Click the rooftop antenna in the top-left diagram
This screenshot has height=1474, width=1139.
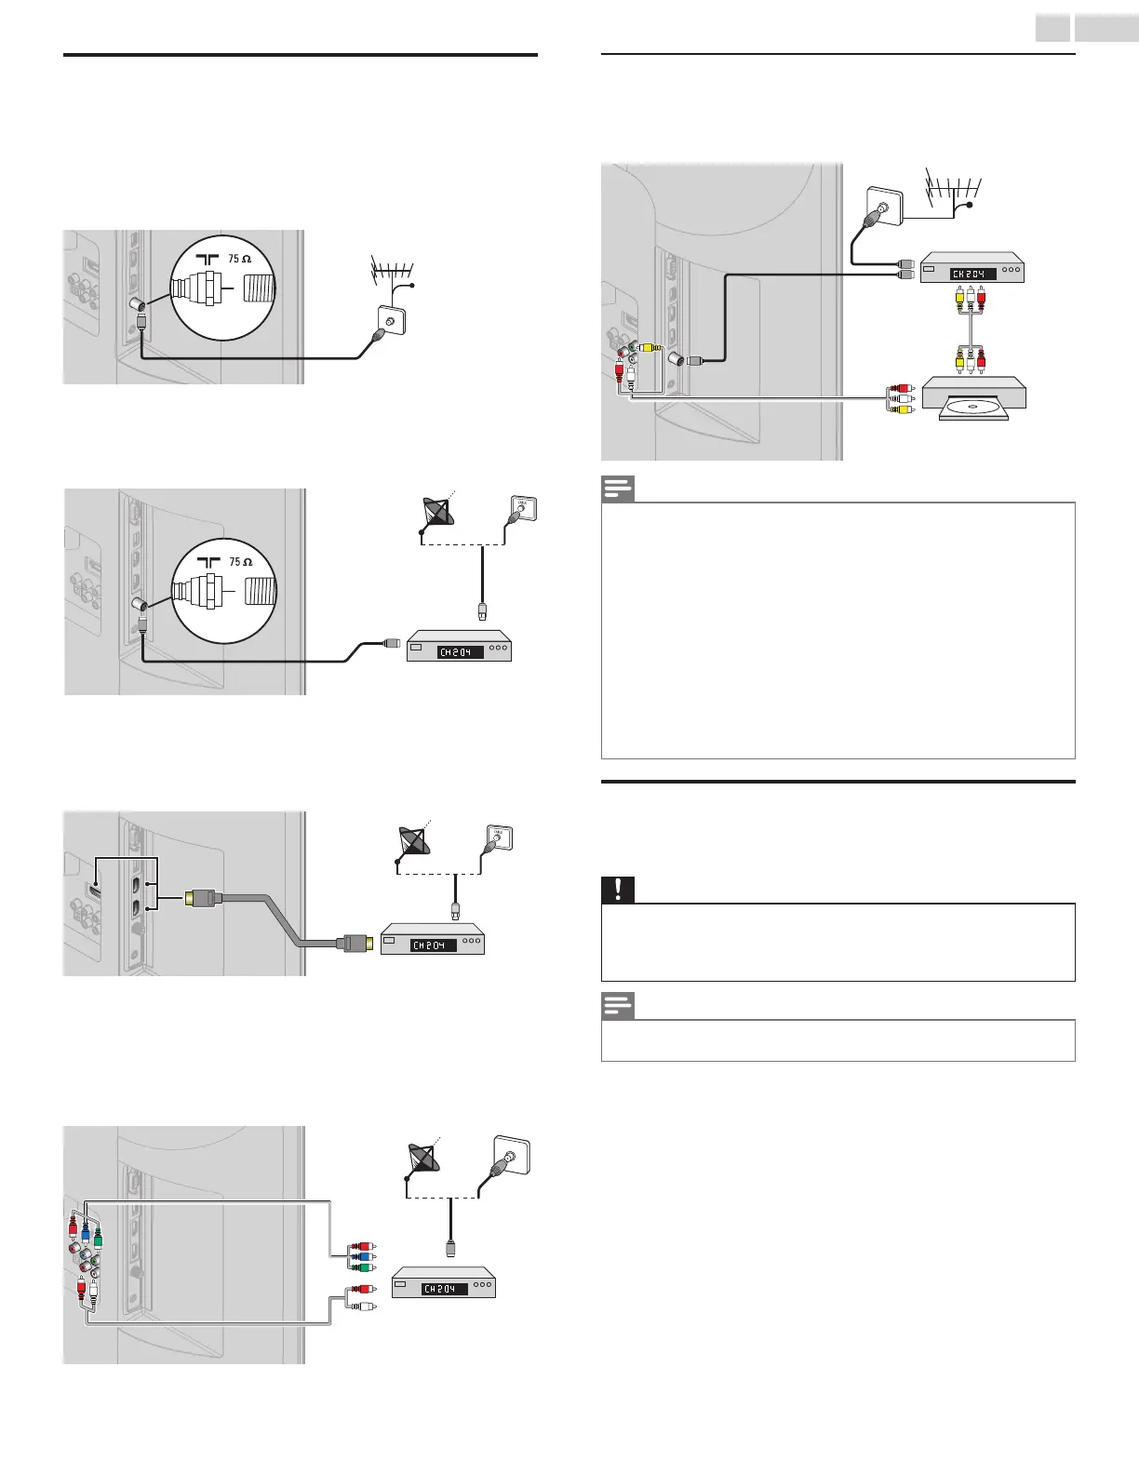[x=392, y=273]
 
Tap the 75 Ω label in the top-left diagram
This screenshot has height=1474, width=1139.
[x=240, y=260]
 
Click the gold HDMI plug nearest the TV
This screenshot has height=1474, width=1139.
[x=201, y=898]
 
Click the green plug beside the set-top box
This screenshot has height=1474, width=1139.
[x=367, y=1266]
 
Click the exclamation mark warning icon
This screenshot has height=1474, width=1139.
[x=616, y=890]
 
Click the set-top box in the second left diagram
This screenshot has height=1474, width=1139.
[x=459, y=649]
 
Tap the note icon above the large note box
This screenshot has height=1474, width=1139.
[x=617, y=489]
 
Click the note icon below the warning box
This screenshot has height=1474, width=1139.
[x=617, y=1006]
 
